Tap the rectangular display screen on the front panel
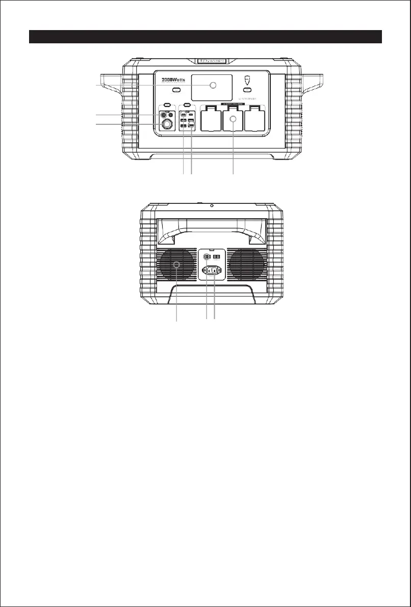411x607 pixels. [212, 87]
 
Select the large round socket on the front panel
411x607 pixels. [167, 125]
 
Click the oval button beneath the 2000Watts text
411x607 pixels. [176, 91]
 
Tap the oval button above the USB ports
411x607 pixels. [187, 105]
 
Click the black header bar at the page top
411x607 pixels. [205, 37]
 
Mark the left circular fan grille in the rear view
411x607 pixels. [176, 265]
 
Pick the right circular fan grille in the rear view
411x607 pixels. [246, 265]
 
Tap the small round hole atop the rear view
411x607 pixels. [211, 206]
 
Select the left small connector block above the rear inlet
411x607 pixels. [208, 257]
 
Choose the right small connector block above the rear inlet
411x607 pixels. [217, 257]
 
